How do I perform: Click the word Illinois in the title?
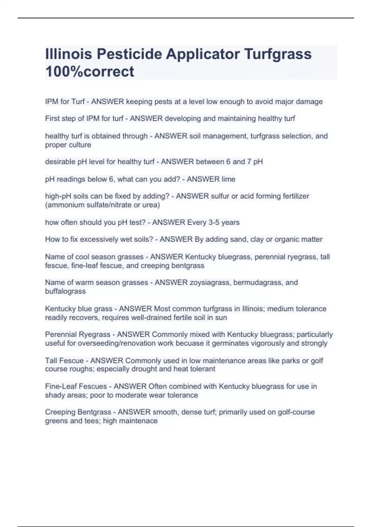point(69,54)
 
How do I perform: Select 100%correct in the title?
point(90,71)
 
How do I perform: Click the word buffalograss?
point(65,291)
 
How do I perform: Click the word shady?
point(54,395)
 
